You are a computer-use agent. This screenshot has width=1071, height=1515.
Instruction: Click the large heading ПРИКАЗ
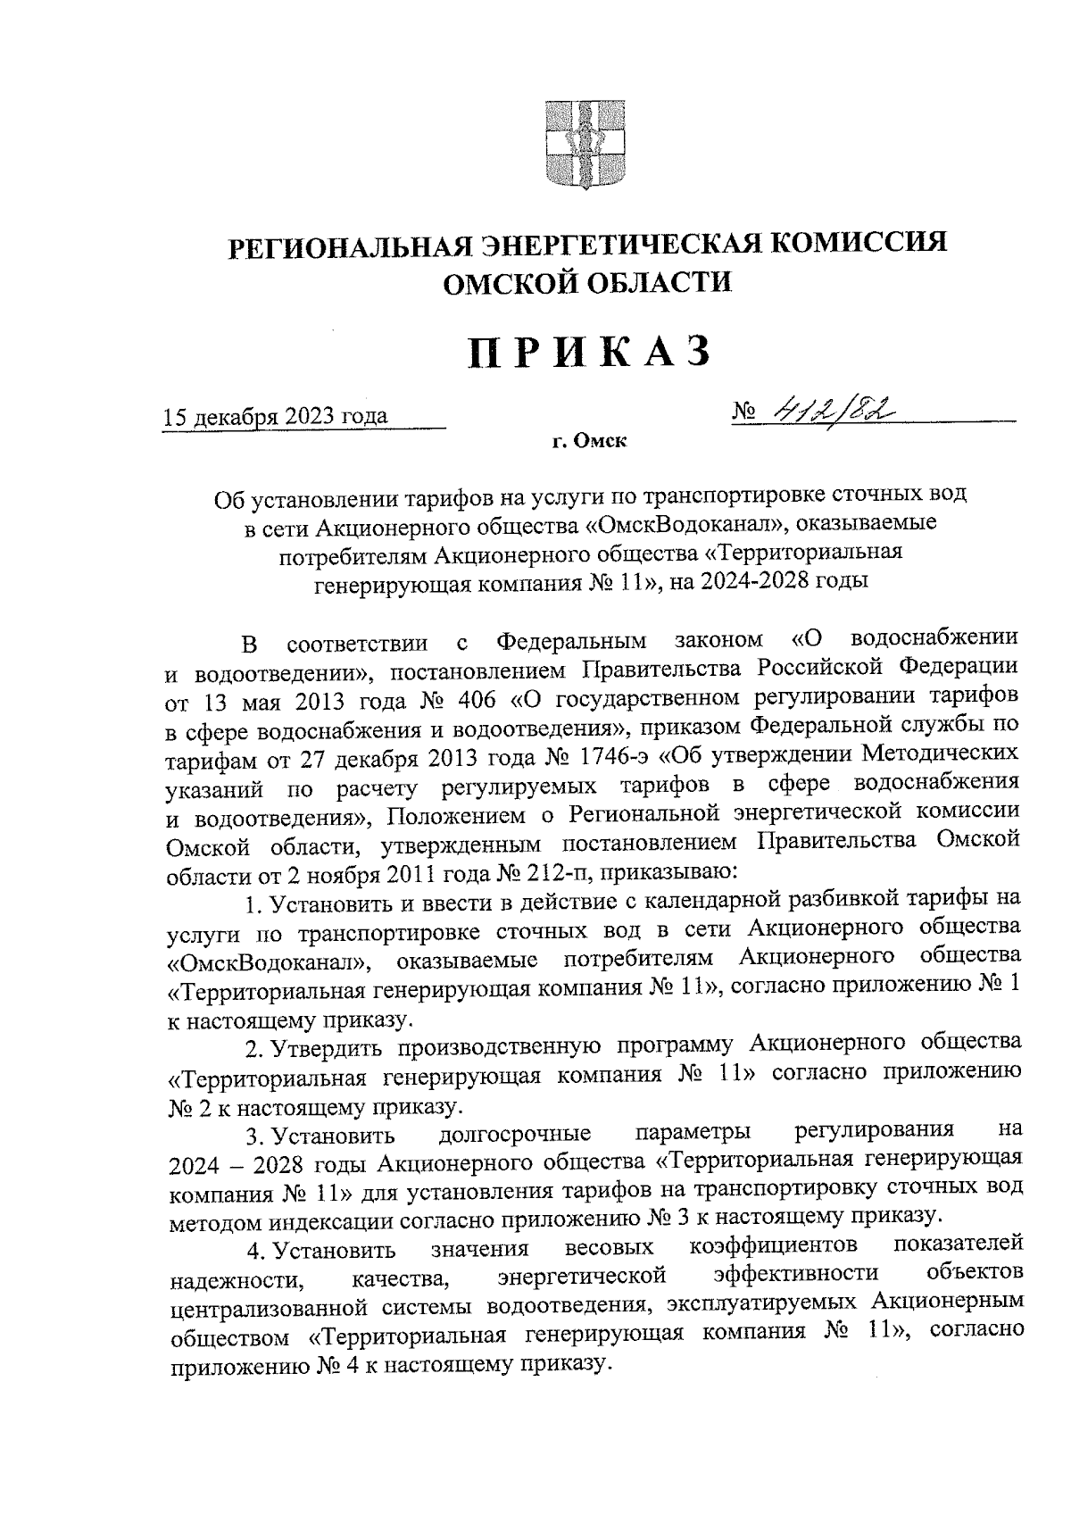click(x=590, y=352)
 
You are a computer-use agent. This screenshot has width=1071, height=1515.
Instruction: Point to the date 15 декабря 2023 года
click(x=274, y=417)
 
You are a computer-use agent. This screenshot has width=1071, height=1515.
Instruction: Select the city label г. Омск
click(x=589, y=441)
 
